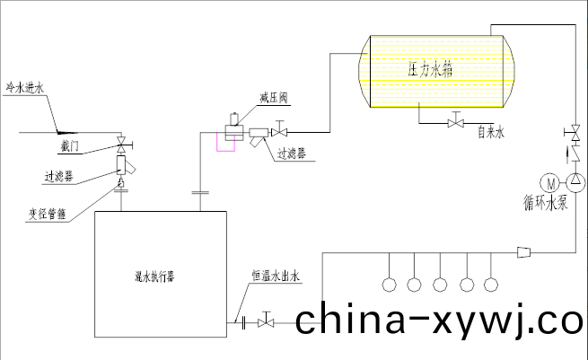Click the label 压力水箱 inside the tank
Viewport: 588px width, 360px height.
(424, 67)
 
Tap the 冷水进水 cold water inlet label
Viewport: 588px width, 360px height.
(24, 87)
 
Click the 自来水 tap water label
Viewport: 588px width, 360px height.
(491, 133)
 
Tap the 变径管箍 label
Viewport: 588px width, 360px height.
(43, 214)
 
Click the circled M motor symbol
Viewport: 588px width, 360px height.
(551, 182)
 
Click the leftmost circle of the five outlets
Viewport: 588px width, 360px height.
(390, 285)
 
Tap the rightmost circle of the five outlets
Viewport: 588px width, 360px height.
(490, 285)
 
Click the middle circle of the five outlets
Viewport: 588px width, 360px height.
(440, 285)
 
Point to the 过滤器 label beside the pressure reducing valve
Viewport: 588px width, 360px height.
(291, 154)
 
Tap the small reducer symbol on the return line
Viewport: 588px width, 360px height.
(524, 251)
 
